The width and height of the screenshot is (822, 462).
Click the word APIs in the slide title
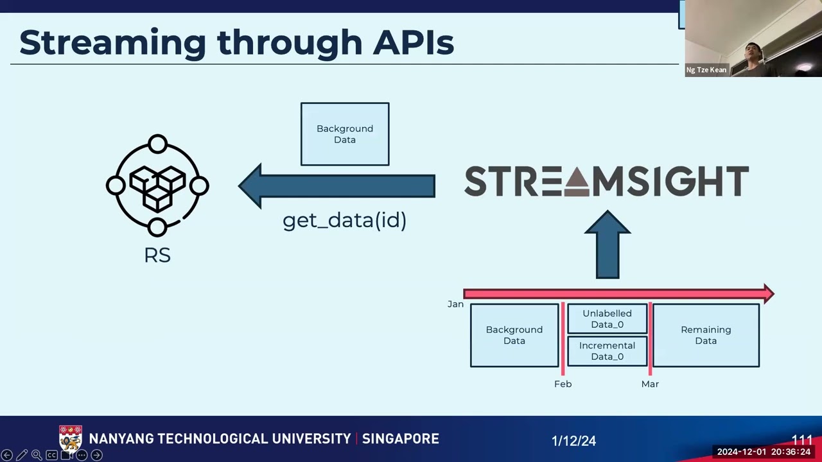coord(413,43)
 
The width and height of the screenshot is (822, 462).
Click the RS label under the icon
coord(157,255)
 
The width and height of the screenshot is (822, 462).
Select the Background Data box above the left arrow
coord(345,134)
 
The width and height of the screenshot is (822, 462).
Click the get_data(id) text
coord(345,221)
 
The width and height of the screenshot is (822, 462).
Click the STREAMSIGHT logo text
coord(606,182)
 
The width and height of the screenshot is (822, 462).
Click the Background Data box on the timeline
coord(514,335)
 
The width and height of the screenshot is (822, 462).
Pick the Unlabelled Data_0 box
coord(607,319)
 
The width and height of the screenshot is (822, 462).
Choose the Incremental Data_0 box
coord(607,351)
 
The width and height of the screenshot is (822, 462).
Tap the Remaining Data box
coord(706,335)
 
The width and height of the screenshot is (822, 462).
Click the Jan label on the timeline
coord(455,304)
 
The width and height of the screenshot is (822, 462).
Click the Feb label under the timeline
coord(563,384)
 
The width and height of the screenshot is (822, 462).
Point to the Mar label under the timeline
coord(650,384)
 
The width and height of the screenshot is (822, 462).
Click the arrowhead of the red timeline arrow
coord(768,294)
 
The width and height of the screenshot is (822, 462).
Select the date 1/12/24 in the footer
coord(573,441)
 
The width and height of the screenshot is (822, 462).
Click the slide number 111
coord(802,440)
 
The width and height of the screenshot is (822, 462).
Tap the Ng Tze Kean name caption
coord(706,70)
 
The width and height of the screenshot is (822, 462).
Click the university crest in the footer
coord(71,439)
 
